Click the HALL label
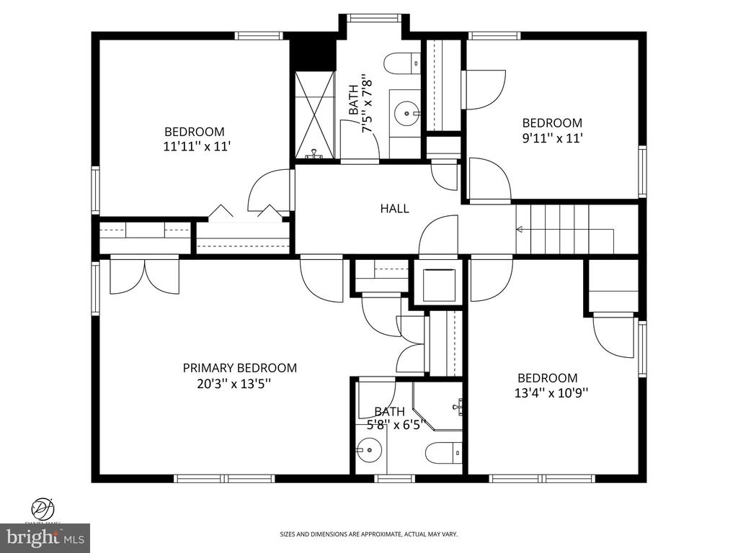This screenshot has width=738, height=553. click(394, 209)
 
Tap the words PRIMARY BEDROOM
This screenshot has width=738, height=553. click(239, 368)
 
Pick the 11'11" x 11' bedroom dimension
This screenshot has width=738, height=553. click(197, 147)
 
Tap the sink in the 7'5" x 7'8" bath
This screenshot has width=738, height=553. click(408, 112)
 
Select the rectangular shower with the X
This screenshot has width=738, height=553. click(314, 114)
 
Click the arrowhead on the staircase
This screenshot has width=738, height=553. click(519, 230)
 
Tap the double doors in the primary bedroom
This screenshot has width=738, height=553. click(145, 276)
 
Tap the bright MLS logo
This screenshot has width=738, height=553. click(45, 538)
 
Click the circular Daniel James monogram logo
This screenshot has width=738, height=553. click(44, 508)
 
